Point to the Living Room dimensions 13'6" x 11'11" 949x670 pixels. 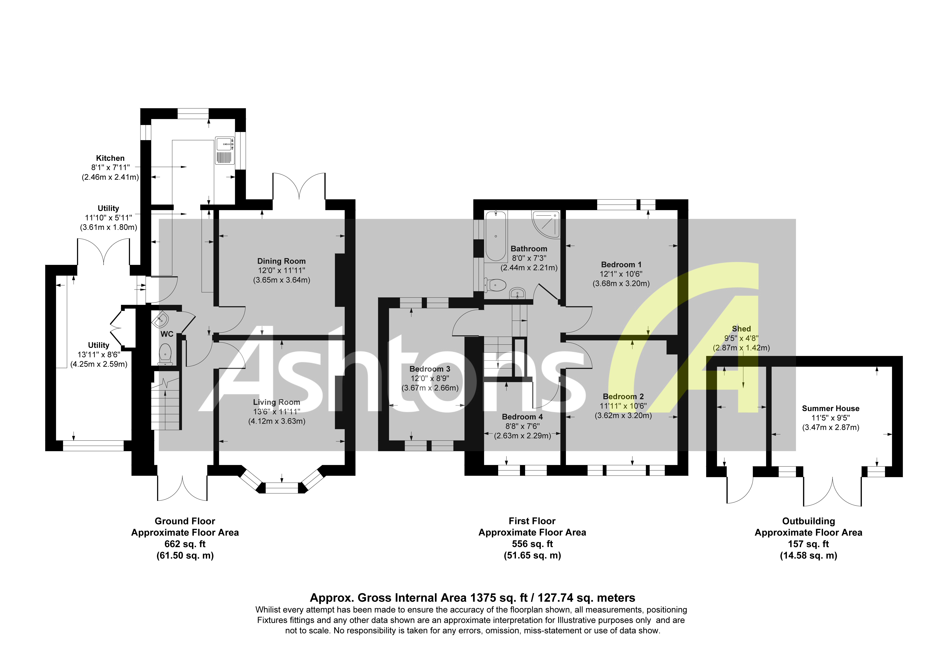pos(277,412)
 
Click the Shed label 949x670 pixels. pos(741,329)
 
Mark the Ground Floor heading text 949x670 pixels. pos(185,521)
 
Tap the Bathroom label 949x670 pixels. pos(529,249)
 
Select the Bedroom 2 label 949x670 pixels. pos(623,396)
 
